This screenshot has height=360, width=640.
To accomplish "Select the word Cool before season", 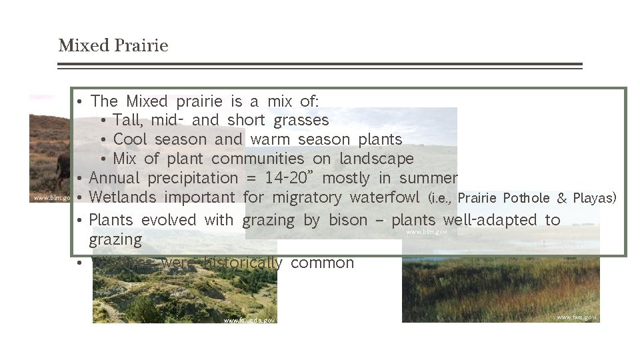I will coord(131,140).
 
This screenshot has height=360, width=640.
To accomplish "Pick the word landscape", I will coord(377,159).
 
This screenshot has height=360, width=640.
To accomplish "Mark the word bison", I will coord(349,221).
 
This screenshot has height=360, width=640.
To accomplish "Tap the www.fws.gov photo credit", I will coord(577,317).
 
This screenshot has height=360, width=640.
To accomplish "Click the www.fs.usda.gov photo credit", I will coord(249,321).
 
